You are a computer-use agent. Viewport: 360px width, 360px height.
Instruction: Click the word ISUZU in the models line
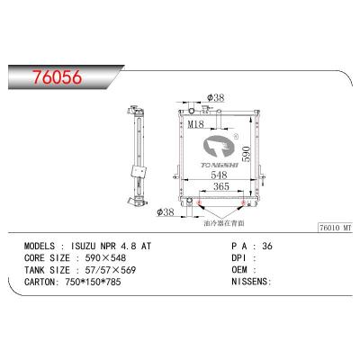click(x=88, y=246)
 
